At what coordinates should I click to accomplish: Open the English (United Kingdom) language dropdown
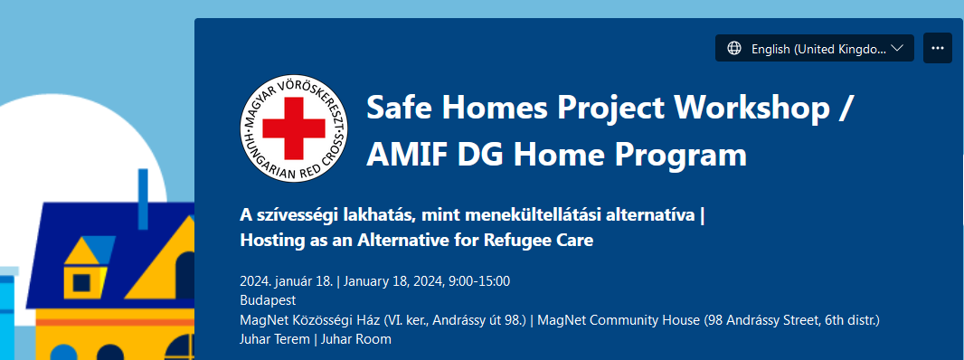click(x=815, y=49)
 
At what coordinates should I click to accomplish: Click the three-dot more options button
click(x=937, y=49)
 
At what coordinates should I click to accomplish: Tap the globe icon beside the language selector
click(x=734, y=49)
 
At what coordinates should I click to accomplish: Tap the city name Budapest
click(x=268, y=299)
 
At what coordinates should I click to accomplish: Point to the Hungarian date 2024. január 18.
click(x=286, y=280)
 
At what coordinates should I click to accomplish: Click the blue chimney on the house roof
click(x=143, y=199)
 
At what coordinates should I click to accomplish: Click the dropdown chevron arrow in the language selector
click(x=897, y=49)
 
